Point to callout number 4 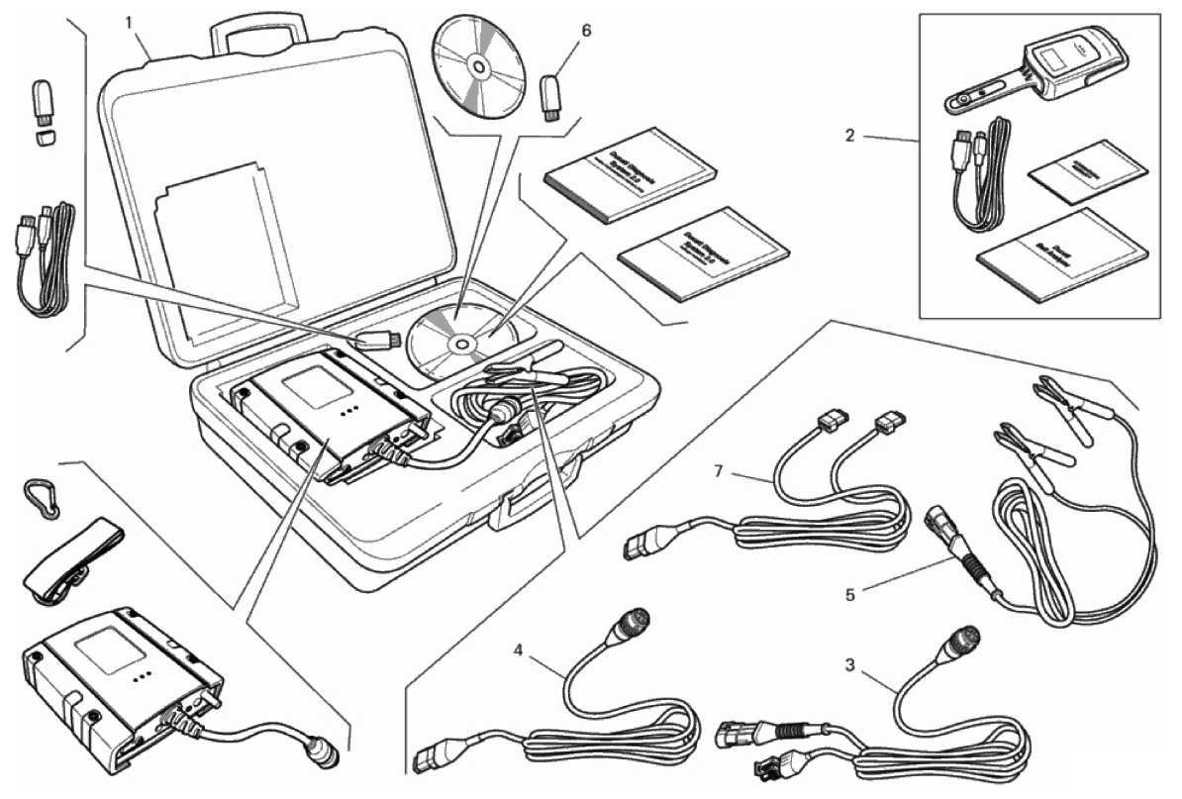520,649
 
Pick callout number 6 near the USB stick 586,31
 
